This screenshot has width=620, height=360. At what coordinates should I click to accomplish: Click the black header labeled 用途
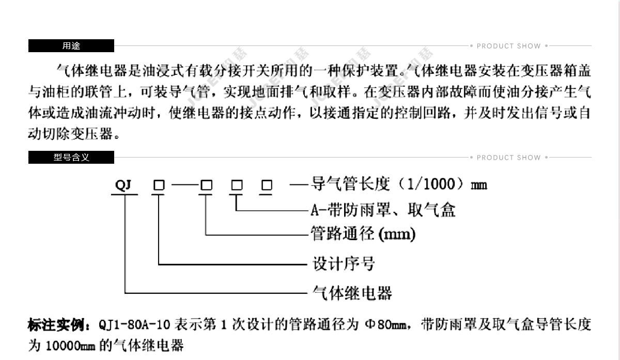pyautogui.click(x=71, y=45)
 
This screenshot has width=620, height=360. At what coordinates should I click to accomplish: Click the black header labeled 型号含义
pyautogui.click(x=71, y=157)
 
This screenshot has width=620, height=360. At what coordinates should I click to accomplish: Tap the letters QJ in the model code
pyautogui.click(x=123, y=185)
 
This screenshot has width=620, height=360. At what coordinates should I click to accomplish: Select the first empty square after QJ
pyautogui.click(x=159, y=185)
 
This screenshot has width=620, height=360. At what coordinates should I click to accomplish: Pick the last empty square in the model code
pyautogui.click(x=267, y=185)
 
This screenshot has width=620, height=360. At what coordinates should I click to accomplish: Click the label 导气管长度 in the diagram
pyautogui.click(x=350, y=184)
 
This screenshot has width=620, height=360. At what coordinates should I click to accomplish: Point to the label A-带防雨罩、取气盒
pyautogui.click(x=383, y=210)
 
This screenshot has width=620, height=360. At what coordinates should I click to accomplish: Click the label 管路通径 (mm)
pyautogui.click(x=363, y=233)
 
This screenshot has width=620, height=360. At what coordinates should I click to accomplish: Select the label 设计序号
pyautogui.click(x=344, y=263)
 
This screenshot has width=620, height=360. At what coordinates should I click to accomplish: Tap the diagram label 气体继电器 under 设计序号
pyautogui.click(x=352, y=293)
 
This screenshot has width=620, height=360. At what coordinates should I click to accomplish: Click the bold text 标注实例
pyautogui.click(x=56, y=324)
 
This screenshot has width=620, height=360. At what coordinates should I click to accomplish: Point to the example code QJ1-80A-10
pyautogui.click(x=134, y=325)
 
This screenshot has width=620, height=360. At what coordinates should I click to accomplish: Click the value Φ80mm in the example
pyautogui.click(x=385, y=324)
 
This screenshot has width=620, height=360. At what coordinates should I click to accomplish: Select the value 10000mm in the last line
pyautogui.click(x=70, y=346)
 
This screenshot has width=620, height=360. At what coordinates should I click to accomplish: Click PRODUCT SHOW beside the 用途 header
pyautogui.click(x=509, y=46)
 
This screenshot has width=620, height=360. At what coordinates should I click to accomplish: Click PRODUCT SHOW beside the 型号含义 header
pyautogui.click(x=509, y=158)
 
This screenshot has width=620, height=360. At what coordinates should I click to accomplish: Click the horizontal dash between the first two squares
pyautogui.click(x=185, y=184)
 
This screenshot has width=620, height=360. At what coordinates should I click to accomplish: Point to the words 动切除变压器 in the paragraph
pyautogui.click(x=70, y=134)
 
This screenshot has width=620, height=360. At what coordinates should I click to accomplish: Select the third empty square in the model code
pyautogui.click(x=237, y=185)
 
